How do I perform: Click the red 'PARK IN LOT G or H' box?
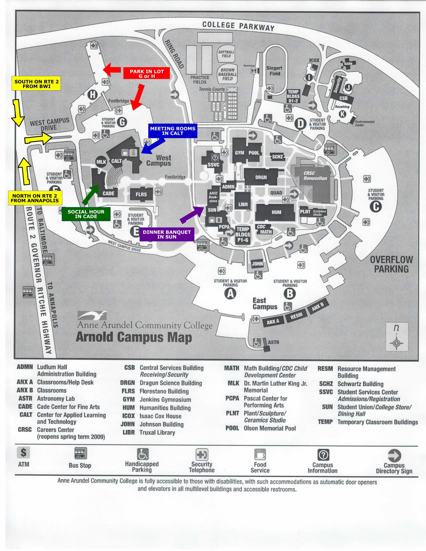pyautogui.click(x=147, y=73)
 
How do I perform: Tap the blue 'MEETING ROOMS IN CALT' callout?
pyautogui.click(x=173, y=131)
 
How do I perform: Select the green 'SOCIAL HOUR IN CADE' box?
pyautogui.click(x=86, y=214)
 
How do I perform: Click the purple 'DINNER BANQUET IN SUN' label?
pyautogui.click(x=167, y=234)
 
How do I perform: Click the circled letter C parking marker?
pyautogui.click(x=376, y=207)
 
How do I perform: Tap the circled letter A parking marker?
pyautogui.click(x=230, y=294)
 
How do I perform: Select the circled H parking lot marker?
pyautogui.click(x=93, y=95)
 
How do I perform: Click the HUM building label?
pyautogui.click(x=276, y=212)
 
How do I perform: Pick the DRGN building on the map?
pyautogui.click(x=261, y=177)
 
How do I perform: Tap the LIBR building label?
pyautogui.click(x=243, y=204)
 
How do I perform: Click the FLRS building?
pyautogui.click(x=141, y=195)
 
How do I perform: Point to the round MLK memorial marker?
pyautogui.click(x=101, y=162)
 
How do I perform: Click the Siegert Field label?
pyautogui.click(x=274, y=71)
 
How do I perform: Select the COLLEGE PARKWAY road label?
pyautogui.click(x=238, y=26)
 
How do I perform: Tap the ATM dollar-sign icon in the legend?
pyautogui.click(x=23, y=452)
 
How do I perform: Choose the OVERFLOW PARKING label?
pyautogui.click(x=391, y=264)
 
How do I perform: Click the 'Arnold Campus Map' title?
pyautogui.click(x=134, y=337)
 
